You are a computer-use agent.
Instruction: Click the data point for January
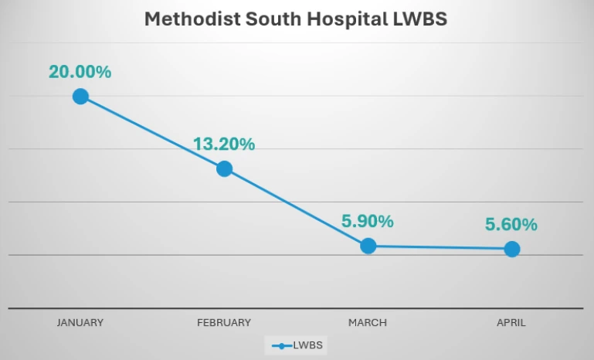tap(80, 97)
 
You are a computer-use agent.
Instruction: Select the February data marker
tap(224, 168)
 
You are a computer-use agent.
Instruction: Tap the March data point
tap(368, 246)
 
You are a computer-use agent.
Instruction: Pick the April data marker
tap(511, 249)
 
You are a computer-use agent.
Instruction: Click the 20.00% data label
tap(80, 72)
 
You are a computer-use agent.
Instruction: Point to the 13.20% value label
tap(224, 144)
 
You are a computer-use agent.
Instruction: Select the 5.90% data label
tap(368, 221)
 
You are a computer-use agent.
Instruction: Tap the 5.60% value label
tap(511, 225)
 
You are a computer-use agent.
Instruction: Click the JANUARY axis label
tap(80, 323)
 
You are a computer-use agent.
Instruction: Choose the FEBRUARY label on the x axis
tap(224, 323)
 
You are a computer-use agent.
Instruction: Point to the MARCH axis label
tap(368, 323)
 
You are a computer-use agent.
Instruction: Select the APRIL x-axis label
tap(511, 323)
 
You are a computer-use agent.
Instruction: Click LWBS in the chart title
tap(419, 19)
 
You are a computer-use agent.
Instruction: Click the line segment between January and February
tap(152, 132)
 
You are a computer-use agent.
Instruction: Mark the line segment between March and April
tap(440, 247)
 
